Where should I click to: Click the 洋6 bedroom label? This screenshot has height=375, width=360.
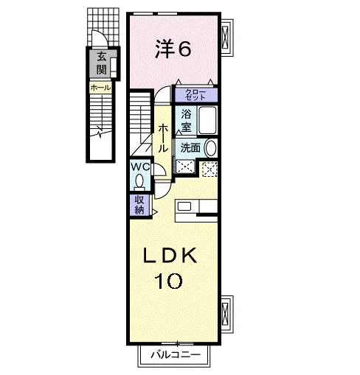(x=173, y=49)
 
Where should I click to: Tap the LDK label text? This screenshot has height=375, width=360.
(x=170, y=256)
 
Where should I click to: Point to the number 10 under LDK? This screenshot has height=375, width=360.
(x=168, y=281)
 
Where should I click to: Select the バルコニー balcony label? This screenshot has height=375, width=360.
(x=176, y=355)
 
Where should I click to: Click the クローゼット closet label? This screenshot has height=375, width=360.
(x=195, y=95)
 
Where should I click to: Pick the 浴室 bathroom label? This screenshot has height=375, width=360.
(x=186, y=120)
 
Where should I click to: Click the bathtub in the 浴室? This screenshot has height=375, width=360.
(x=207, y=120)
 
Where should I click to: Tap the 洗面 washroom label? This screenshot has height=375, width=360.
(x=190, y=148)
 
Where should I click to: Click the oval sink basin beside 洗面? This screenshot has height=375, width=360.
(x=210, y=148)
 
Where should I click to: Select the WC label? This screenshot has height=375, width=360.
(x=140, y=167)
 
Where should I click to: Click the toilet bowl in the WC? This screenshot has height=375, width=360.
(x=139, y=182)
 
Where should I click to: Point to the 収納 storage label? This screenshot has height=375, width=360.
(x=139, y=205)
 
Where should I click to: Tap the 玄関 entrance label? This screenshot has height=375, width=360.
(x=101, y=63)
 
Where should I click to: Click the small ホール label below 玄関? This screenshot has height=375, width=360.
(x=100, y=88)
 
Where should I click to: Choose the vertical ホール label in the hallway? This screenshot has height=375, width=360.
(x=163, y=138)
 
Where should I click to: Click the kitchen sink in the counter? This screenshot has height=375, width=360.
(x=184, y=206)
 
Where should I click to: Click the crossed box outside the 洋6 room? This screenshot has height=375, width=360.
(x=225, y=37)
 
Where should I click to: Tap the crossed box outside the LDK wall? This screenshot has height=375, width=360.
(x=225, y=314)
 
